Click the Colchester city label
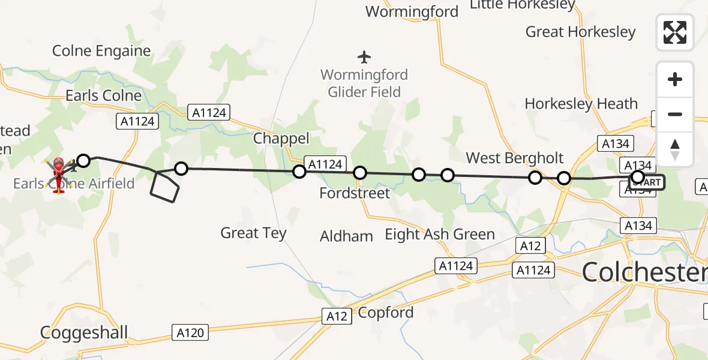pos(644,272)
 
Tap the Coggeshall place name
pos(84,332)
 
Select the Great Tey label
pos(253,233)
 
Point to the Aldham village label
pos(346,236)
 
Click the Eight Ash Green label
pos(440,234)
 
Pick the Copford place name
pos(386,313)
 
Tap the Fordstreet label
pos(355,193)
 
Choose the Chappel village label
pos(281,139)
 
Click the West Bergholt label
pos(515,158)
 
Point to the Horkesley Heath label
pos(581,104)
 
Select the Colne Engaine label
pos(101,51)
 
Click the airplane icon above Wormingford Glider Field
pos(364,58)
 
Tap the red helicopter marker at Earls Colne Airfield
pos(59,175)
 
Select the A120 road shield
pos(191,332)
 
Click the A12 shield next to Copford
pos(337,316)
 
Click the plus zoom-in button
pos(675,80)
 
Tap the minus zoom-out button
pos(675,114)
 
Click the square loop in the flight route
pos(164,187)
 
